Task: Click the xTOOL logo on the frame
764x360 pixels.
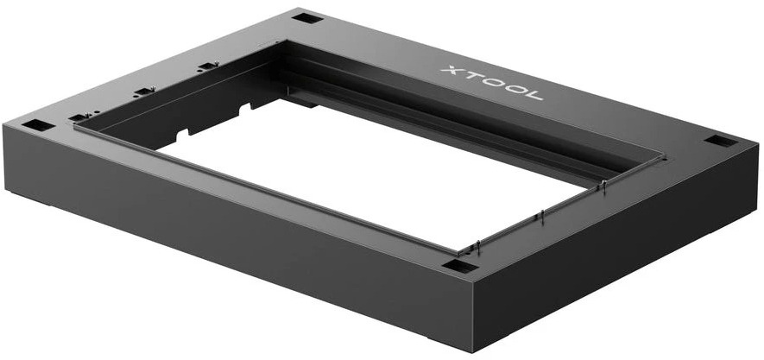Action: coord(493,83)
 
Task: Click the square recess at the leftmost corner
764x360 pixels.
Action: coord(37,125)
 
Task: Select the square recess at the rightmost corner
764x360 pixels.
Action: coord(721,141)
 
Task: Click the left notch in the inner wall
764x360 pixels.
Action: coord(182,134)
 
